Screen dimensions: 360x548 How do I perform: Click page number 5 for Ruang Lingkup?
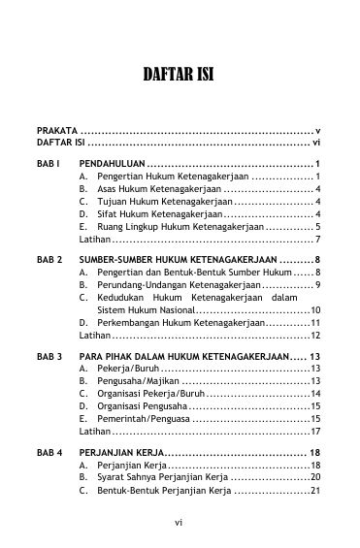(317, 226)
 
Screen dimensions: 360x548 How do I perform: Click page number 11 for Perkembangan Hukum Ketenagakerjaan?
(315, 322)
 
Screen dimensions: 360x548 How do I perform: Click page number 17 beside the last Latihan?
(315, 431)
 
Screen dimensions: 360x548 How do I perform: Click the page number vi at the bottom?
(180, 524)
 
